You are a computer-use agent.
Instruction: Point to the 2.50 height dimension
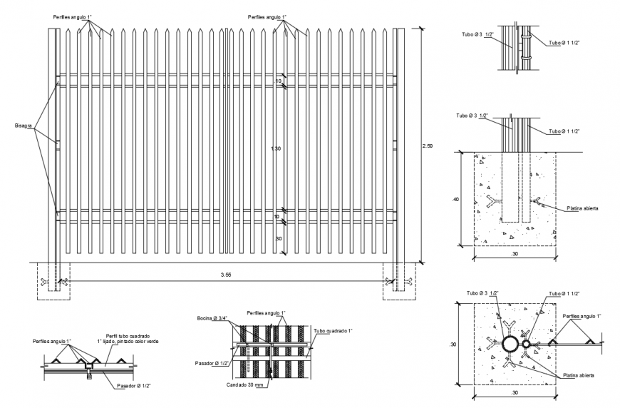click(x=427, y=146)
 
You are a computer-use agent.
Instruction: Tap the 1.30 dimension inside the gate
click(x=276, y=148)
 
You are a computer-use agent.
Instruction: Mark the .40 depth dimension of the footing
click(x=455, y=200)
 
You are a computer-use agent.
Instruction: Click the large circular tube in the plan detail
click(x=511, y=345)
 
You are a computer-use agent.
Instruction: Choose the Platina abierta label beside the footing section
click(x=582, y=208)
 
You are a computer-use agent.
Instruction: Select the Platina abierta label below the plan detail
click(x=577, y=374)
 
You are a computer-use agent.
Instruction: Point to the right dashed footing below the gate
click(x=398, y=281)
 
